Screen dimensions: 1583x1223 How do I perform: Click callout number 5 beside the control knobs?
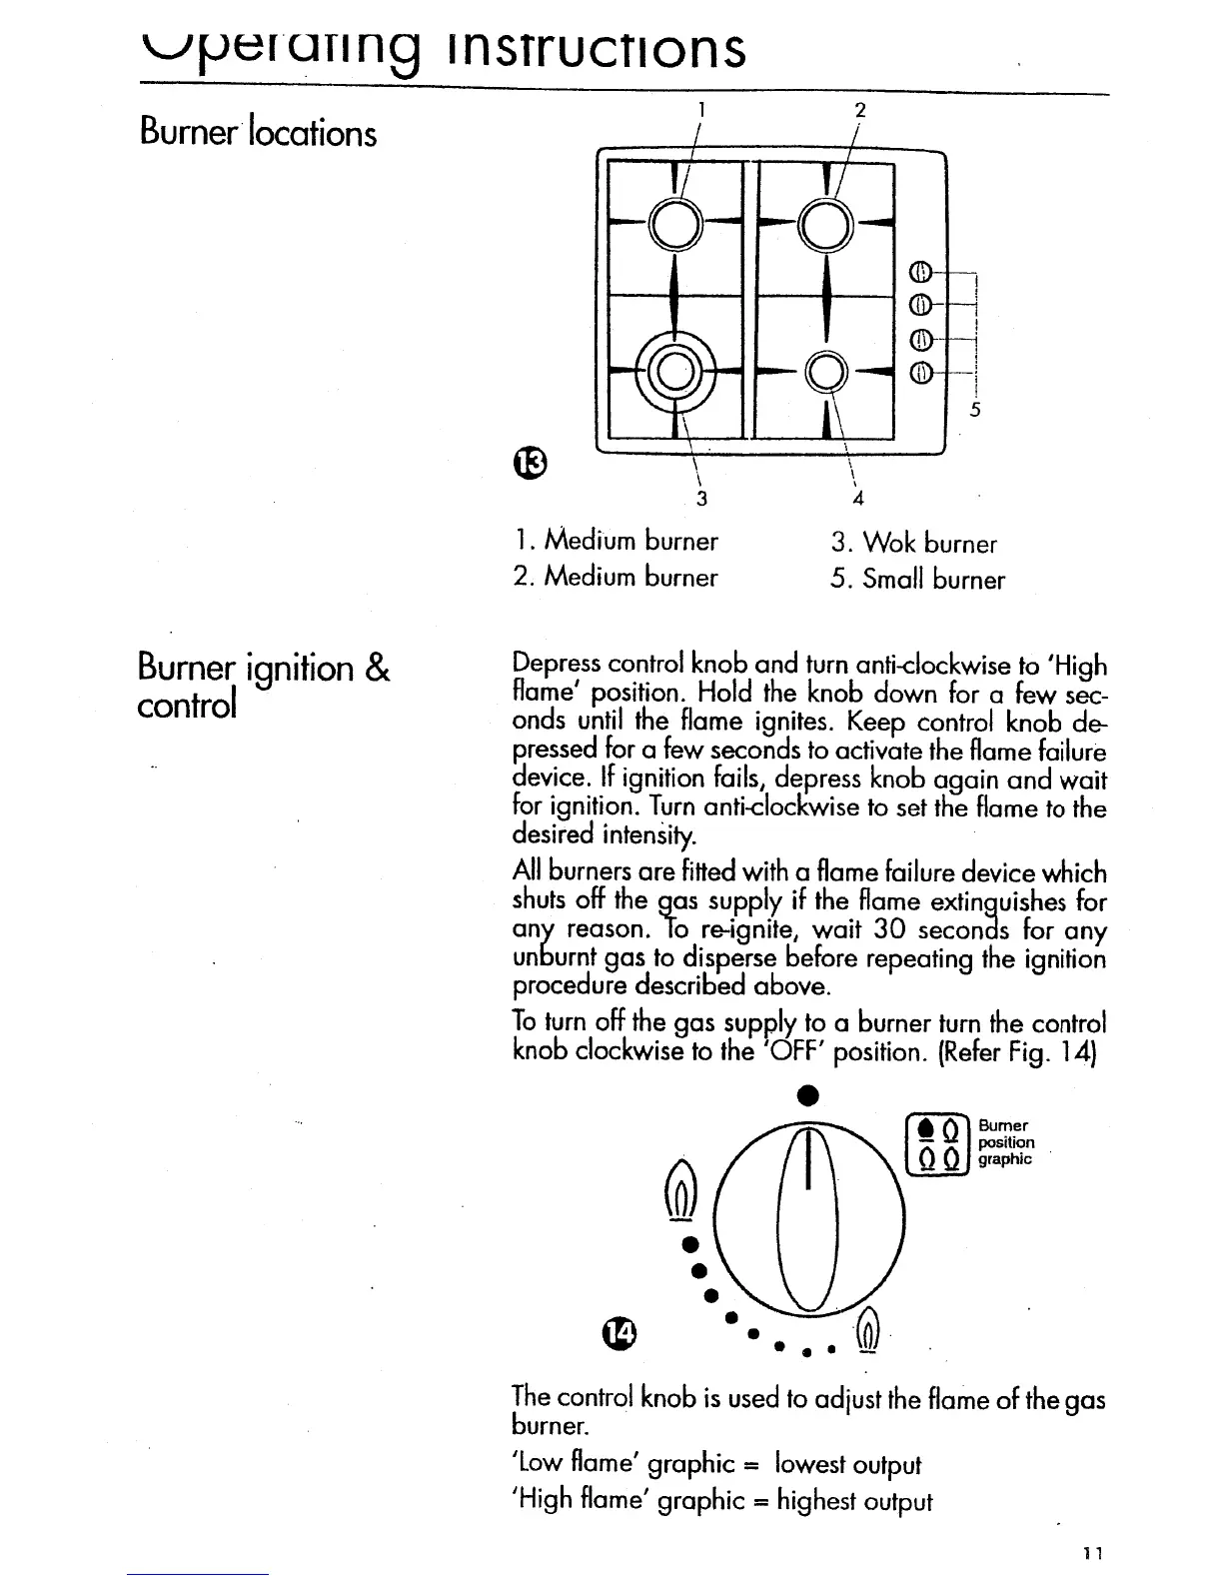tap(976, 409)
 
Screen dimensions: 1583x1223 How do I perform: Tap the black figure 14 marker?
tap(619, 1331)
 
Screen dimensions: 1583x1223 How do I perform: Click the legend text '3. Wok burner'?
tap(913, 544)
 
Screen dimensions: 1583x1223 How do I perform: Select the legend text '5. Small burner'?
tap(917, 580)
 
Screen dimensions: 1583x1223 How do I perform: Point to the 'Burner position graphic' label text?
tap(1005, 1141)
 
